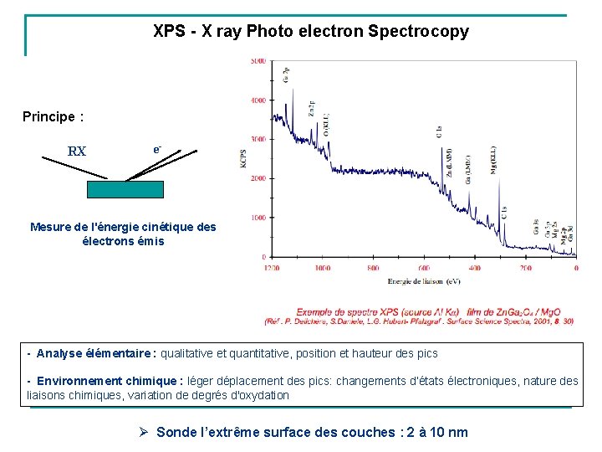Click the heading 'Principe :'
tap(53, 116)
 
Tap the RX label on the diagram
tap(76, 152)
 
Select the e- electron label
tap(156, 149)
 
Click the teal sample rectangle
tap(125, 189)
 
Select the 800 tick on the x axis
tap(373, 268)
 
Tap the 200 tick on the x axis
tap(525, 268)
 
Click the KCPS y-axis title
tap(245, 158)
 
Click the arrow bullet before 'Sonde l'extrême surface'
tap(143, 432)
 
